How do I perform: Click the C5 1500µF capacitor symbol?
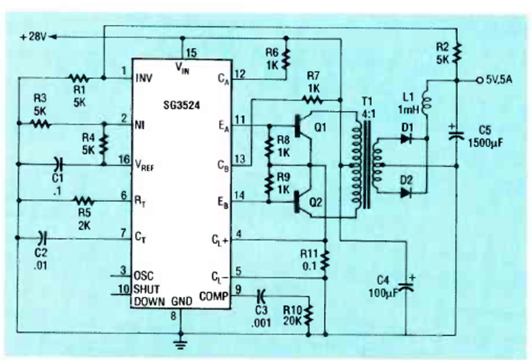pos(456,134)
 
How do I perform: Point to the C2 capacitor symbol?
pos(42,236)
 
